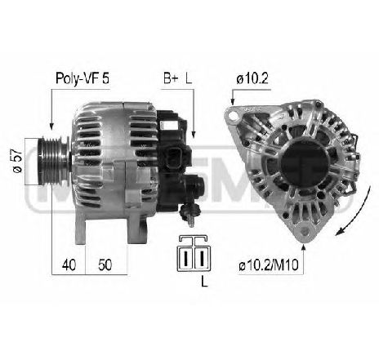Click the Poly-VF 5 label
click(x=82, y=78)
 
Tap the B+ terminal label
click(x=171, y=78)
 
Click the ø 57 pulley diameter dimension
click(x=17, y=162)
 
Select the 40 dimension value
click(x=69, y=264)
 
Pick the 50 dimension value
click(x=105, y=264)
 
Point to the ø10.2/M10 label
click(x=269, y=264)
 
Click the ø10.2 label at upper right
click(x=252, y=78)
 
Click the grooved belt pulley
click(x=53, y=162)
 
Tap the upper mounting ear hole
click(x=233, y=116)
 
